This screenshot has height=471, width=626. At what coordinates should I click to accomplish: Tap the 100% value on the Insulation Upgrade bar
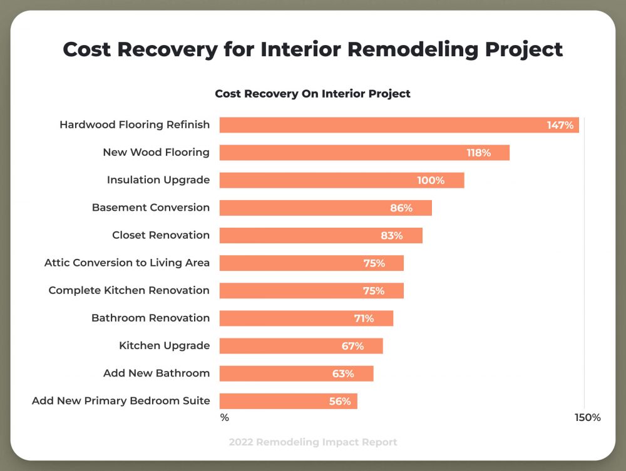(x=431, y=180)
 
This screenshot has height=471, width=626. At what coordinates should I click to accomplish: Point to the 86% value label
(x=401, y=208)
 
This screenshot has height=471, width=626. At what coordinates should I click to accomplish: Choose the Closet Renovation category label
(x=161, y=235)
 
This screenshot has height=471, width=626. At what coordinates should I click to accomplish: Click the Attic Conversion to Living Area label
(x=127, y=263)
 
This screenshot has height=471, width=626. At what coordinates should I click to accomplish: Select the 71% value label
(x=364, y=318)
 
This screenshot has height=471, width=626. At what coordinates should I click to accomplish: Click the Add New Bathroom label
(x=156, y=373)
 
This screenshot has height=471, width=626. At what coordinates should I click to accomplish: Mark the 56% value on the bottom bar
(x=340, y=402)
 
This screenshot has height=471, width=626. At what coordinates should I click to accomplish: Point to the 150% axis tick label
(x=588, y=417)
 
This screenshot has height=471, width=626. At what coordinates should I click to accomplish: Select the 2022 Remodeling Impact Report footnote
(x=313, y=442)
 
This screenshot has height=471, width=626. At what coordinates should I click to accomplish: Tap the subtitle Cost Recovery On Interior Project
(x=312, y=94)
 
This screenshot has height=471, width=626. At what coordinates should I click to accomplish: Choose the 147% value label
(x=560, y=125)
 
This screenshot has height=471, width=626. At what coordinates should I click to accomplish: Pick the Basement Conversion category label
(x=151, y=208)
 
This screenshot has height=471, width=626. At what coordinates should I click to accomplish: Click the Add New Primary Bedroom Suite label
(x=121, y=401)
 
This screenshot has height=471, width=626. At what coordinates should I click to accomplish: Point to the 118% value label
(x=478, y=153)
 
